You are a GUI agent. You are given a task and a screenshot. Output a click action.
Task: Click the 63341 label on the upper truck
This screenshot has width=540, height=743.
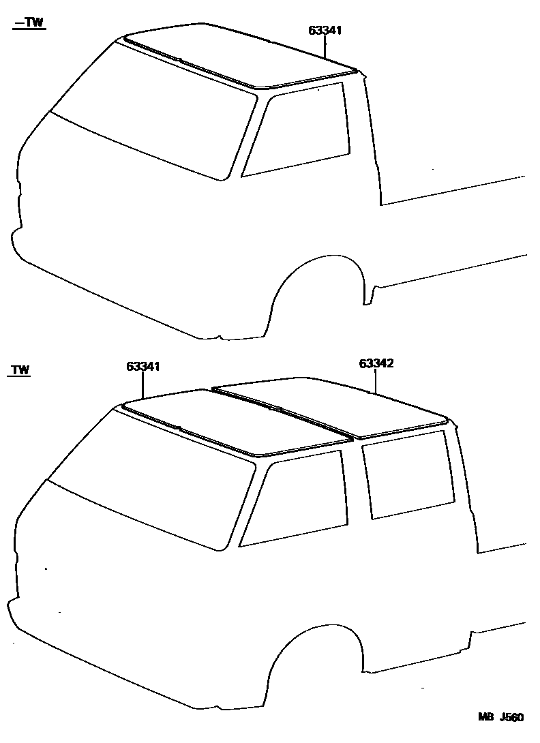pos(325,30)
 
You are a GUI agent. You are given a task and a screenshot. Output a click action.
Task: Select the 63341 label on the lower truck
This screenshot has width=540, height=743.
pos(142,366)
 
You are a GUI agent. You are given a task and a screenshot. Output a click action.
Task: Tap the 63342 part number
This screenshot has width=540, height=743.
pos(376,363)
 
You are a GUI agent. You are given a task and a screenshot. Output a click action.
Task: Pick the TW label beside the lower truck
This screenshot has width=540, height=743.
pos(20,370)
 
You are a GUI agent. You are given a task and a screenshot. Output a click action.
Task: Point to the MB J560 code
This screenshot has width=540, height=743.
pos(500,717)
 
